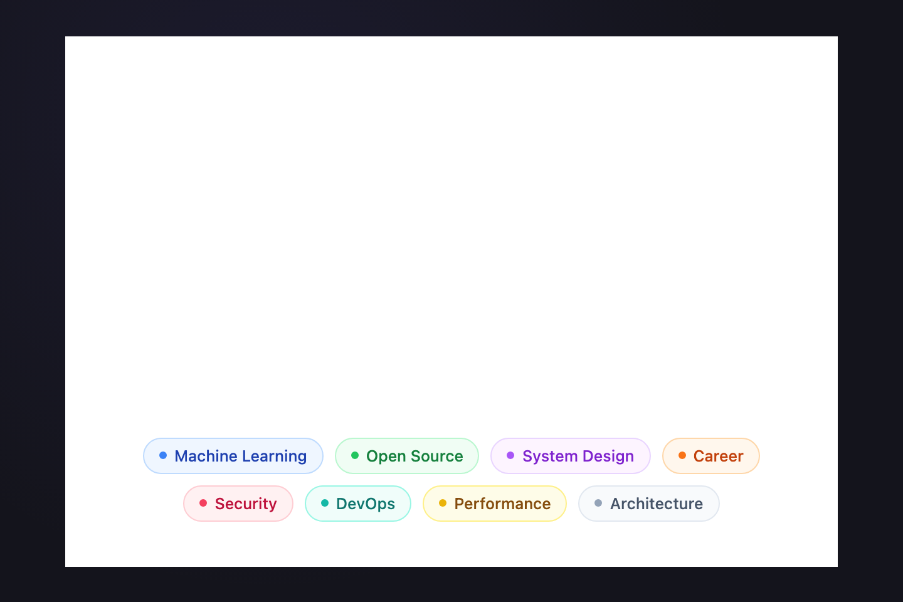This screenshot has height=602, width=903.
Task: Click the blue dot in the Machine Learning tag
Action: coord(163,455)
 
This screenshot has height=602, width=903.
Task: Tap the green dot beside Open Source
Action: coord(355,455)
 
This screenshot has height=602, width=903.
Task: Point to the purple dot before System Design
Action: coord(510,455)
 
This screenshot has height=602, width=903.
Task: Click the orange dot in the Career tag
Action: coord(682,455)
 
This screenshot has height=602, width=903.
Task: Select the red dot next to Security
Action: coord(203,503)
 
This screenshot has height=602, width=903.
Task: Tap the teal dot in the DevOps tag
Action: coord(325,503)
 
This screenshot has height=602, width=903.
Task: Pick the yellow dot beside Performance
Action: coord(443,503)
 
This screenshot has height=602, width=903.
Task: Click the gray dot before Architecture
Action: coord(598,503)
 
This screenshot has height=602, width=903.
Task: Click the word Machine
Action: coord(206,456)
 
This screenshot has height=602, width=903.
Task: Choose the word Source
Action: coord(437,457)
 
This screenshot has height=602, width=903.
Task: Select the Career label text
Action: coord(719,457)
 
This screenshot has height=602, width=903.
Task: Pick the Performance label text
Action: coord(502,504)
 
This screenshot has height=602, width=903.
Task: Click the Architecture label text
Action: coord(657,504)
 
